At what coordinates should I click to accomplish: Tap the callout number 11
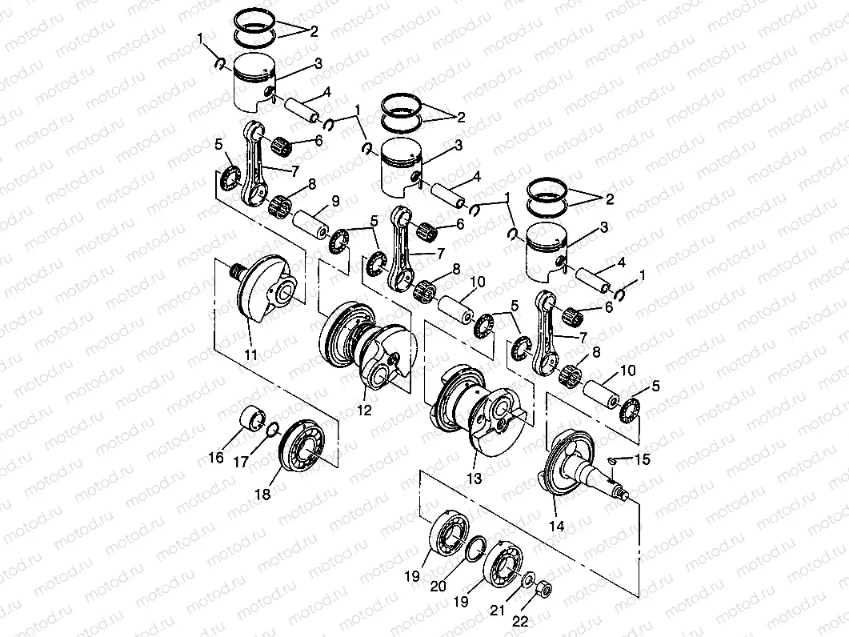click(250, 355)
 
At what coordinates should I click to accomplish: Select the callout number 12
click(364, 411)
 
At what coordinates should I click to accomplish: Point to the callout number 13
click(475, 479)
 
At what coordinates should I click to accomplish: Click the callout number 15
click(643, 459)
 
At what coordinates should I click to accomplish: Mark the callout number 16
click(217, 458)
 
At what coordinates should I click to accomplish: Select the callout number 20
click(438, 585)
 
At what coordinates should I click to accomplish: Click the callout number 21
click(498, 611)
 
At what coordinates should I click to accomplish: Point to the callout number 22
click(521, 621)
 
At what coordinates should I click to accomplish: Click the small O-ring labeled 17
click(273, 429)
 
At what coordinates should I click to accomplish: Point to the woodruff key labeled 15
click(615, 460)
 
